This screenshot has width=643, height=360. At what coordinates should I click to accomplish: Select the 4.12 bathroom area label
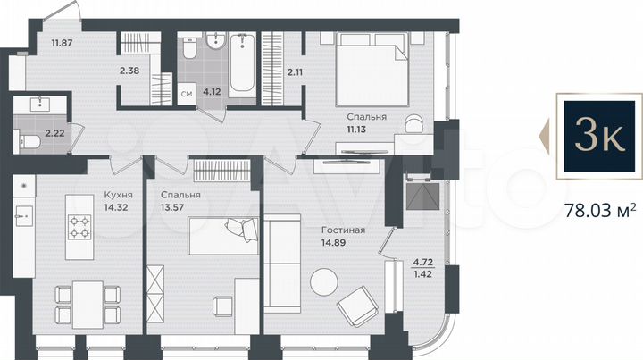click(x=212, y=90)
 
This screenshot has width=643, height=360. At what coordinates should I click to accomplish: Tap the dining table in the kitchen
click(x=86, y=299)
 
